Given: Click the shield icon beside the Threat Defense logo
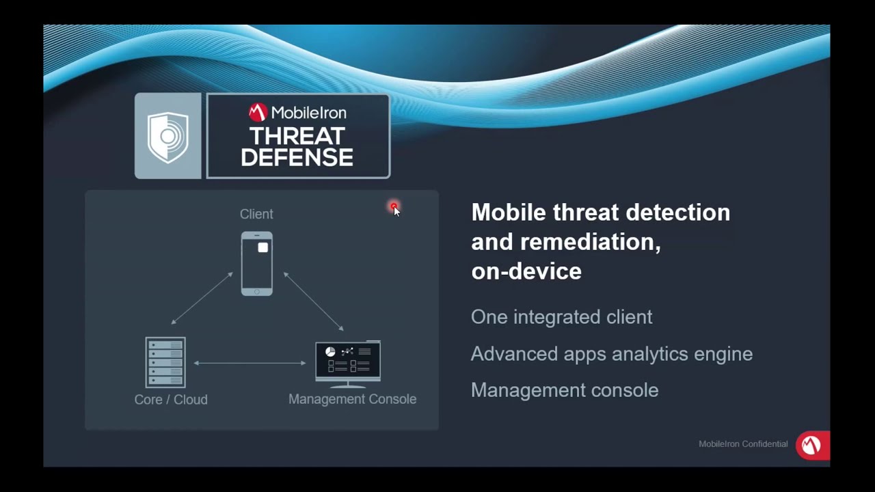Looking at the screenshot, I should (168, 137).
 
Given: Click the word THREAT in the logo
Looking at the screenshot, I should (297, 136).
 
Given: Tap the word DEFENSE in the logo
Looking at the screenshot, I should (297, 158).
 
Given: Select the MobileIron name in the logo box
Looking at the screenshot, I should (308, 113).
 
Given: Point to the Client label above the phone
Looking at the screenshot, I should (256, 215).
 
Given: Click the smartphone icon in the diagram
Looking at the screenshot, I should (256, 264).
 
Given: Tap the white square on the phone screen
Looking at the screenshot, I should (263, 248).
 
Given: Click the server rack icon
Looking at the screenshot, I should (165, 362).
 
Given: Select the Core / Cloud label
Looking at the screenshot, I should (171, 400).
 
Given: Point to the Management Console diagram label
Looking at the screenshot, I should (352, 399).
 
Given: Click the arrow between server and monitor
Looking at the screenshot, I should (250, 363).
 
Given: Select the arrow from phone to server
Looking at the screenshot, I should (202, 299).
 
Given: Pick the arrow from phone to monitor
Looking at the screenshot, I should (313, 301).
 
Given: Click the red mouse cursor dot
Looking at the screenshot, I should (394, 206).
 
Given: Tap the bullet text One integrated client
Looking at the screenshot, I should (561, 317).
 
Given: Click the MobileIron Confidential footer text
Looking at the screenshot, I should (743, 444).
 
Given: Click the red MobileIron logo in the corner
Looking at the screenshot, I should (811, 446).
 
